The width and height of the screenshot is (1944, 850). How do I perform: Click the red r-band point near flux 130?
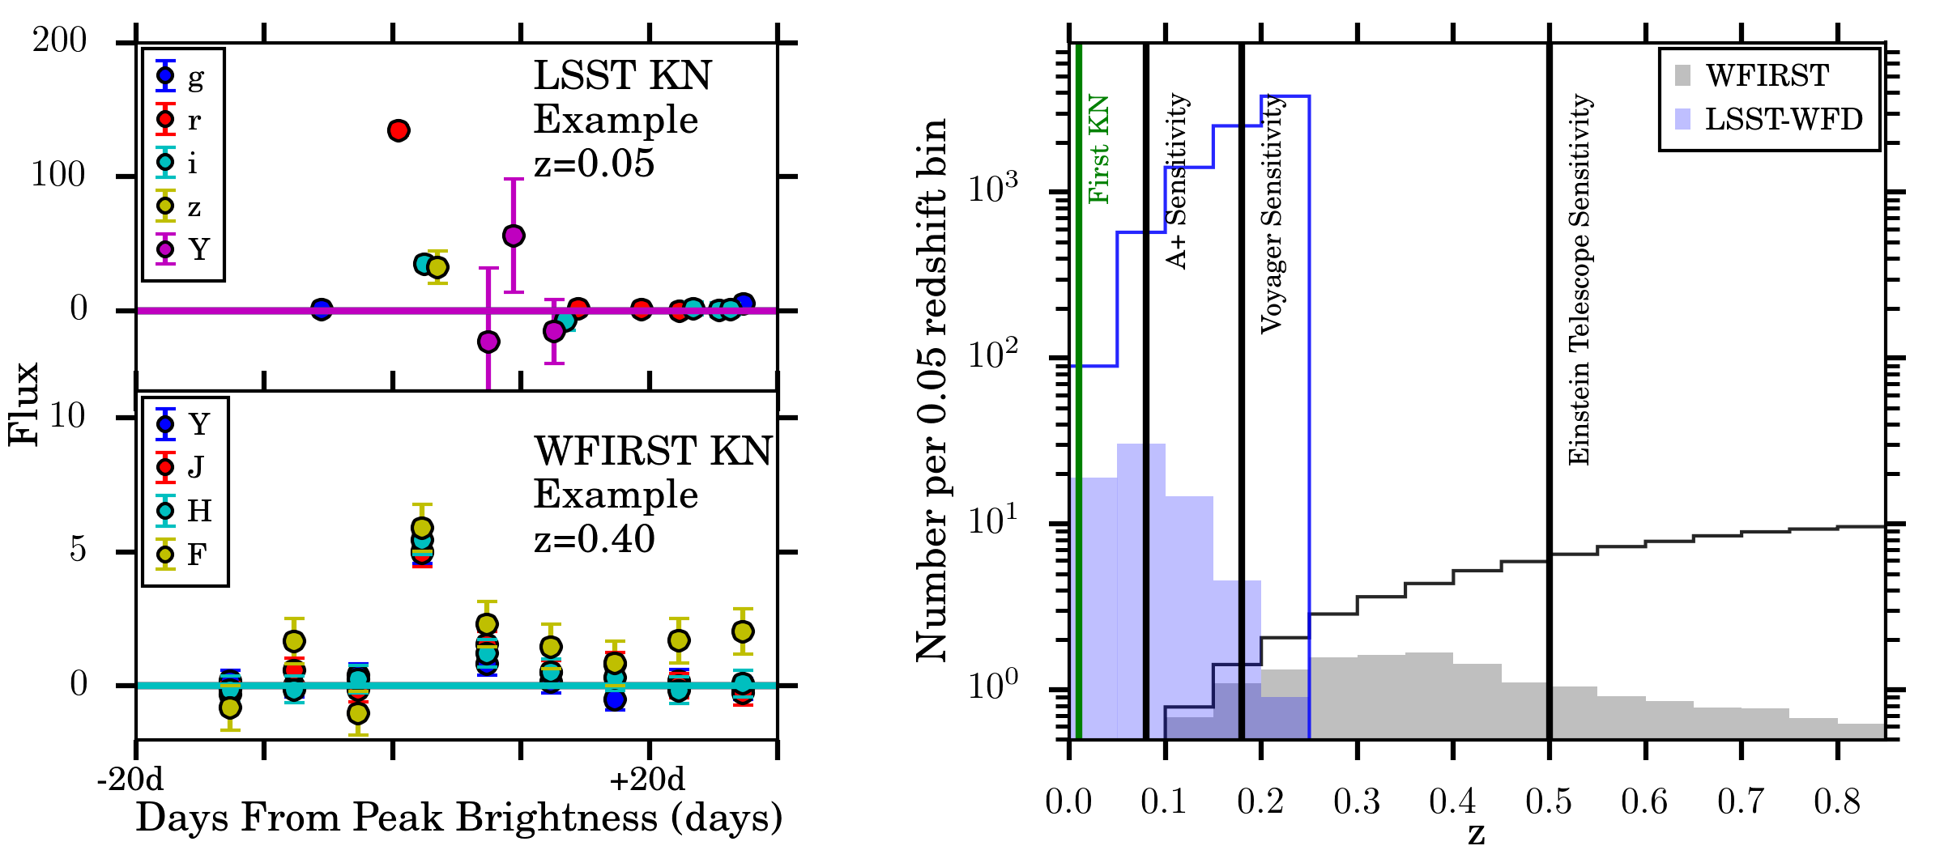tap(398, 130)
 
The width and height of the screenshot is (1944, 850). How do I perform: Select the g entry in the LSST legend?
tap(182, 77)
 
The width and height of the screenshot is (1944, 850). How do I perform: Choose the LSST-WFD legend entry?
tap(1769, 119)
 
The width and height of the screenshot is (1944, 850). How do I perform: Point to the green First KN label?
tap(1098, 150)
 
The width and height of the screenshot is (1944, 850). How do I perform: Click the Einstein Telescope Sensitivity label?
tap(1579, 279)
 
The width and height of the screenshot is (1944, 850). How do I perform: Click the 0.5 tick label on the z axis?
tap(1548, 801)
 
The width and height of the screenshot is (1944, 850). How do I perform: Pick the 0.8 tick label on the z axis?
tap(1836, 801)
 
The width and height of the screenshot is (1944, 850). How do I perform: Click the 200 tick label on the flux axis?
tap(59, 40)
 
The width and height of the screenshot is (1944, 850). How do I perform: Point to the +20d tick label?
tap(647, 780)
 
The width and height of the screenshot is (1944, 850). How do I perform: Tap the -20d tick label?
tap(130, 780)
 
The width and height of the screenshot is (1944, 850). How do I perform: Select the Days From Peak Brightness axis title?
tap(458, 818)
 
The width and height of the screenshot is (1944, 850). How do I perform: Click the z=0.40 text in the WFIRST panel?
tap(594, 539)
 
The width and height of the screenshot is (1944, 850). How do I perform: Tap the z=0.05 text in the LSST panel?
tap(594, 164)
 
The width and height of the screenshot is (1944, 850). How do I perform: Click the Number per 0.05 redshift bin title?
tap(932, 389)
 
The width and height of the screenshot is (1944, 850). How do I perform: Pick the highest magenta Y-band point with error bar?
tap(514, 236)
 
